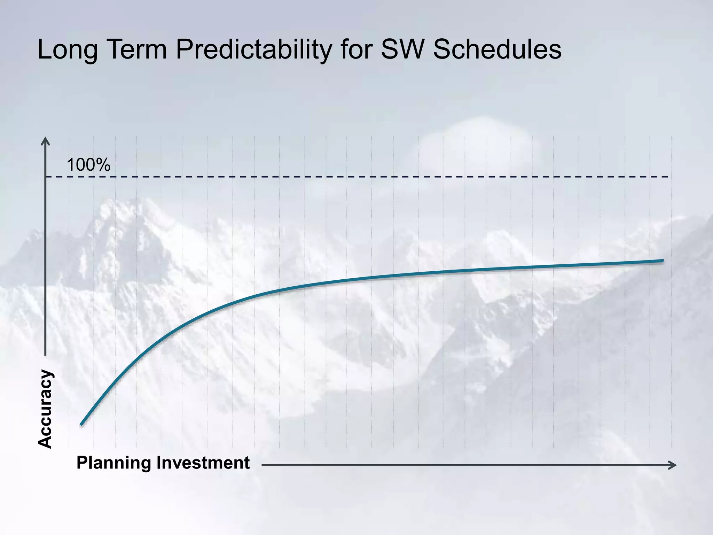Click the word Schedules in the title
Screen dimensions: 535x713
(x=497, y=49)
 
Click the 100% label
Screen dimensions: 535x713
(x=88, y=165)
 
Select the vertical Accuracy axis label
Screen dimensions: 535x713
(x=45, y=409)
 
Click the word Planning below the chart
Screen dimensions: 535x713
(x=114, y=463)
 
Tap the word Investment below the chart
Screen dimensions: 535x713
(x=203, y=463)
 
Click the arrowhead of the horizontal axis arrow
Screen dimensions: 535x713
(x=673, y=465)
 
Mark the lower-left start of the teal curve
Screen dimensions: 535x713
(x=81, y=424)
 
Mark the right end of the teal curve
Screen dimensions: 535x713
(x=662, y=260)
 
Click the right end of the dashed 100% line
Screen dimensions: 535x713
(x=667, y=177)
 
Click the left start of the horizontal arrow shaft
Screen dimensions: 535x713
(x=263, y=465)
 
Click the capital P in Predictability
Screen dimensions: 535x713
(x=185, y=49)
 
